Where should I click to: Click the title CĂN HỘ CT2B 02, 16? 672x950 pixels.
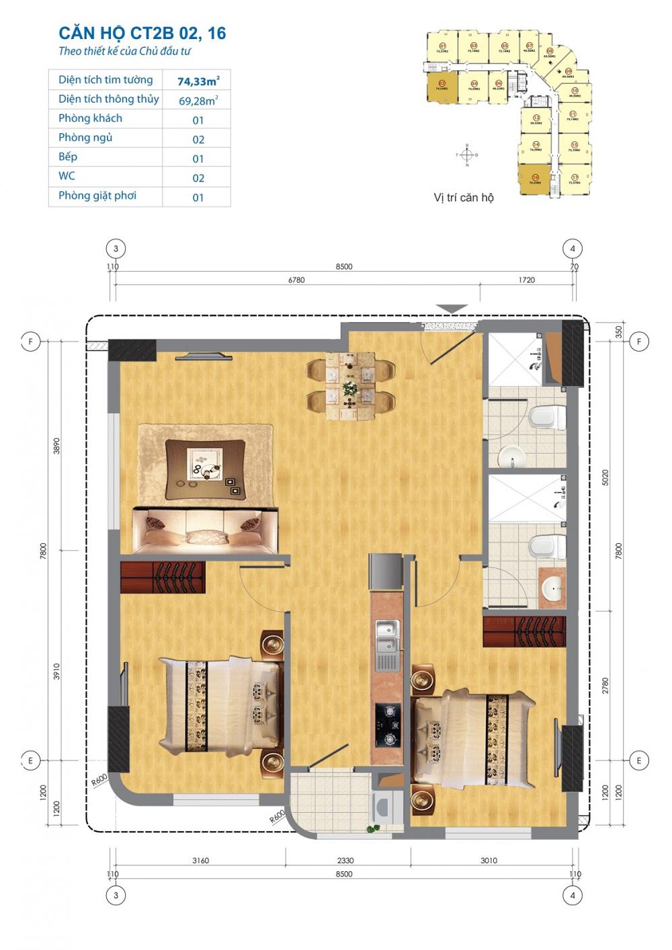(x=142, y=33)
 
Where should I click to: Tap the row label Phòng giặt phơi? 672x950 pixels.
(x=97, y=196)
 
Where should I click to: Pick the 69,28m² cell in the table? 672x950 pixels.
(x=198, y=101)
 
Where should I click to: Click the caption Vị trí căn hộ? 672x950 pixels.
(x=463, y=198)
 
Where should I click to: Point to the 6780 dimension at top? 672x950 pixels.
(x=296, y=280)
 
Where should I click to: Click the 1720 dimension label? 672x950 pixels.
(x=527, y=280)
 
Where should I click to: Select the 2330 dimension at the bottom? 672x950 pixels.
(x=345, y=860)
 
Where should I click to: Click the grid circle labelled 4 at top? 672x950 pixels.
(x=573, y=248)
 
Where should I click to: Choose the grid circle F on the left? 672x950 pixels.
(x=30, y=342)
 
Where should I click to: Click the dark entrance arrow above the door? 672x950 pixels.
(x=452, y=309)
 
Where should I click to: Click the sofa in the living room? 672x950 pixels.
(x=206, y=530)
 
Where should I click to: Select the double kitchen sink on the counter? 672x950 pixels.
(x=386, y=638)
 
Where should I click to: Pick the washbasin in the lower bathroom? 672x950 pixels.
(x=553, y=590)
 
